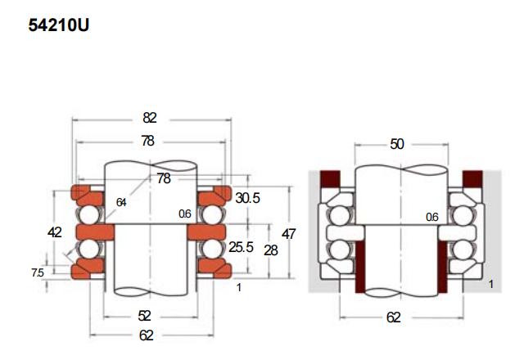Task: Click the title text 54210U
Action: coord(58,25)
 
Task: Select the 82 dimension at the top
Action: coord(148,117)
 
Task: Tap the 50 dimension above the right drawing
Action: coord(396,144)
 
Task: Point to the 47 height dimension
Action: coord(289,233)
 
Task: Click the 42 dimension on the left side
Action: coord(55,232)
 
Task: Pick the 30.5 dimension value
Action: coord(249,199)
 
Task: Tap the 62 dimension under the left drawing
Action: coord(147,335)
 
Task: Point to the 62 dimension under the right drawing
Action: coord(394,317)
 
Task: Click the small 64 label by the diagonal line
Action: coord(122,202)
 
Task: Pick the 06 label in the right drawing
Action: coord(432,217)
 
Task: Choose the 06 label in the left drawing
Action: coord(185,214)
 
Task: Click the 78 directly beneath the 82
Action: coord(147,141)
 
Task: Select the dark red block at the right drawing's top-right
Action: coord(472,178)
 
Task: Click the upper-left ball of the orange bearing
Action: coord(90,214)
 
